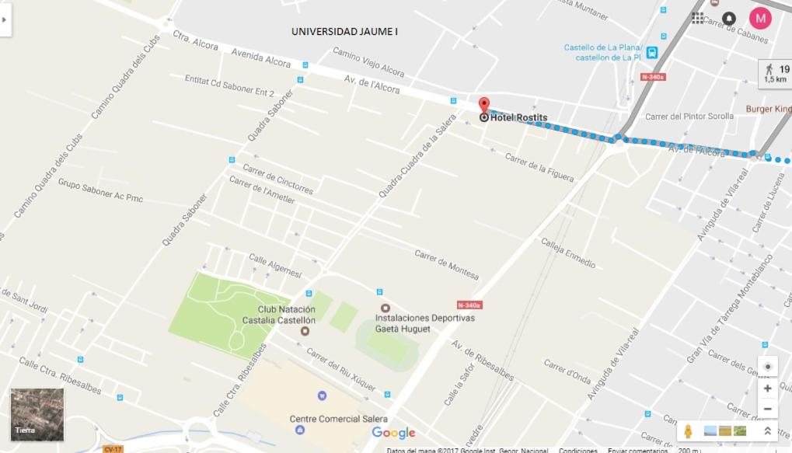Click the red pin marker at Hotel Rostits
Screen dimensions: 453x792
coord(483,106)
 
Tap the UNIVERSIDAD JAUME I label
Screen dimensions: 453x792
coord(344,32)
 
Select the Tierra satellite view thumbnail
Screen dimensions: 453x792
coord(37,415)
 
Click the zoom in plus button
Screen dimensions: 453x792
coord(767,389)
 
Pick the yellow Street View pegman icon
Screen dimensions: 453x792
coord(688,431)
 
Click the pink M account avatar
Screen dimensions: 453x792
coord(760,18)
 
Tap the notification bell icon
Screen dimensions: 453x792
coord(729,18)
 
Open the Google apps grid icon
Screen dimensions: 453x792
coord(697,18)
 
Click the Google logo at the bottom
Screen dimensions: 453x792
coord(393,433)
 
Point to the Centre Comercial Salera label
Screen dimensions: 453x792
coord(338,419)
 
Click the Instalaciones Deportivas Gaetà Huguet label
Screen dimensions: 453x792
coord(424,323)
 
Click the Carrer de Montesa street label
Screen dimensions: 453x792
coord(446,265)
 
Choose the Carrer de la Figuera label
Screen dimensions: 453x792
coord(539,169)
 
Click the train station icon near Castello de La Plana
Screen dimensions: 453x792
coord(651,53)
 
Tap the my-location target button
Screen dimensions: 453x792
coord(767,367)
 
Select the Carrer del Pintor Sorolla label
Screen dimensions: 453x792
coord(689,117)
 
